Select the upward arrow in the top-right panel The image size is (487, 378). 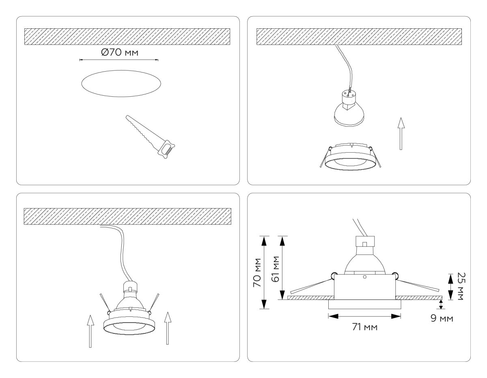tap(401, 134)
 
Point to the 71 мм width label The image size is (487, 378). tap(364, 327)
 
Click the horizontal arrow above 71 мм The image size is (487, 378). tap(364, 316)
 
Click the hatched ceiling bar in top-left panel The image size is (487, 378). tap(127, 36)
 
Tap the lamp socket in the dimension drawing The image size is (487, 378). tap(364, 242)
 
